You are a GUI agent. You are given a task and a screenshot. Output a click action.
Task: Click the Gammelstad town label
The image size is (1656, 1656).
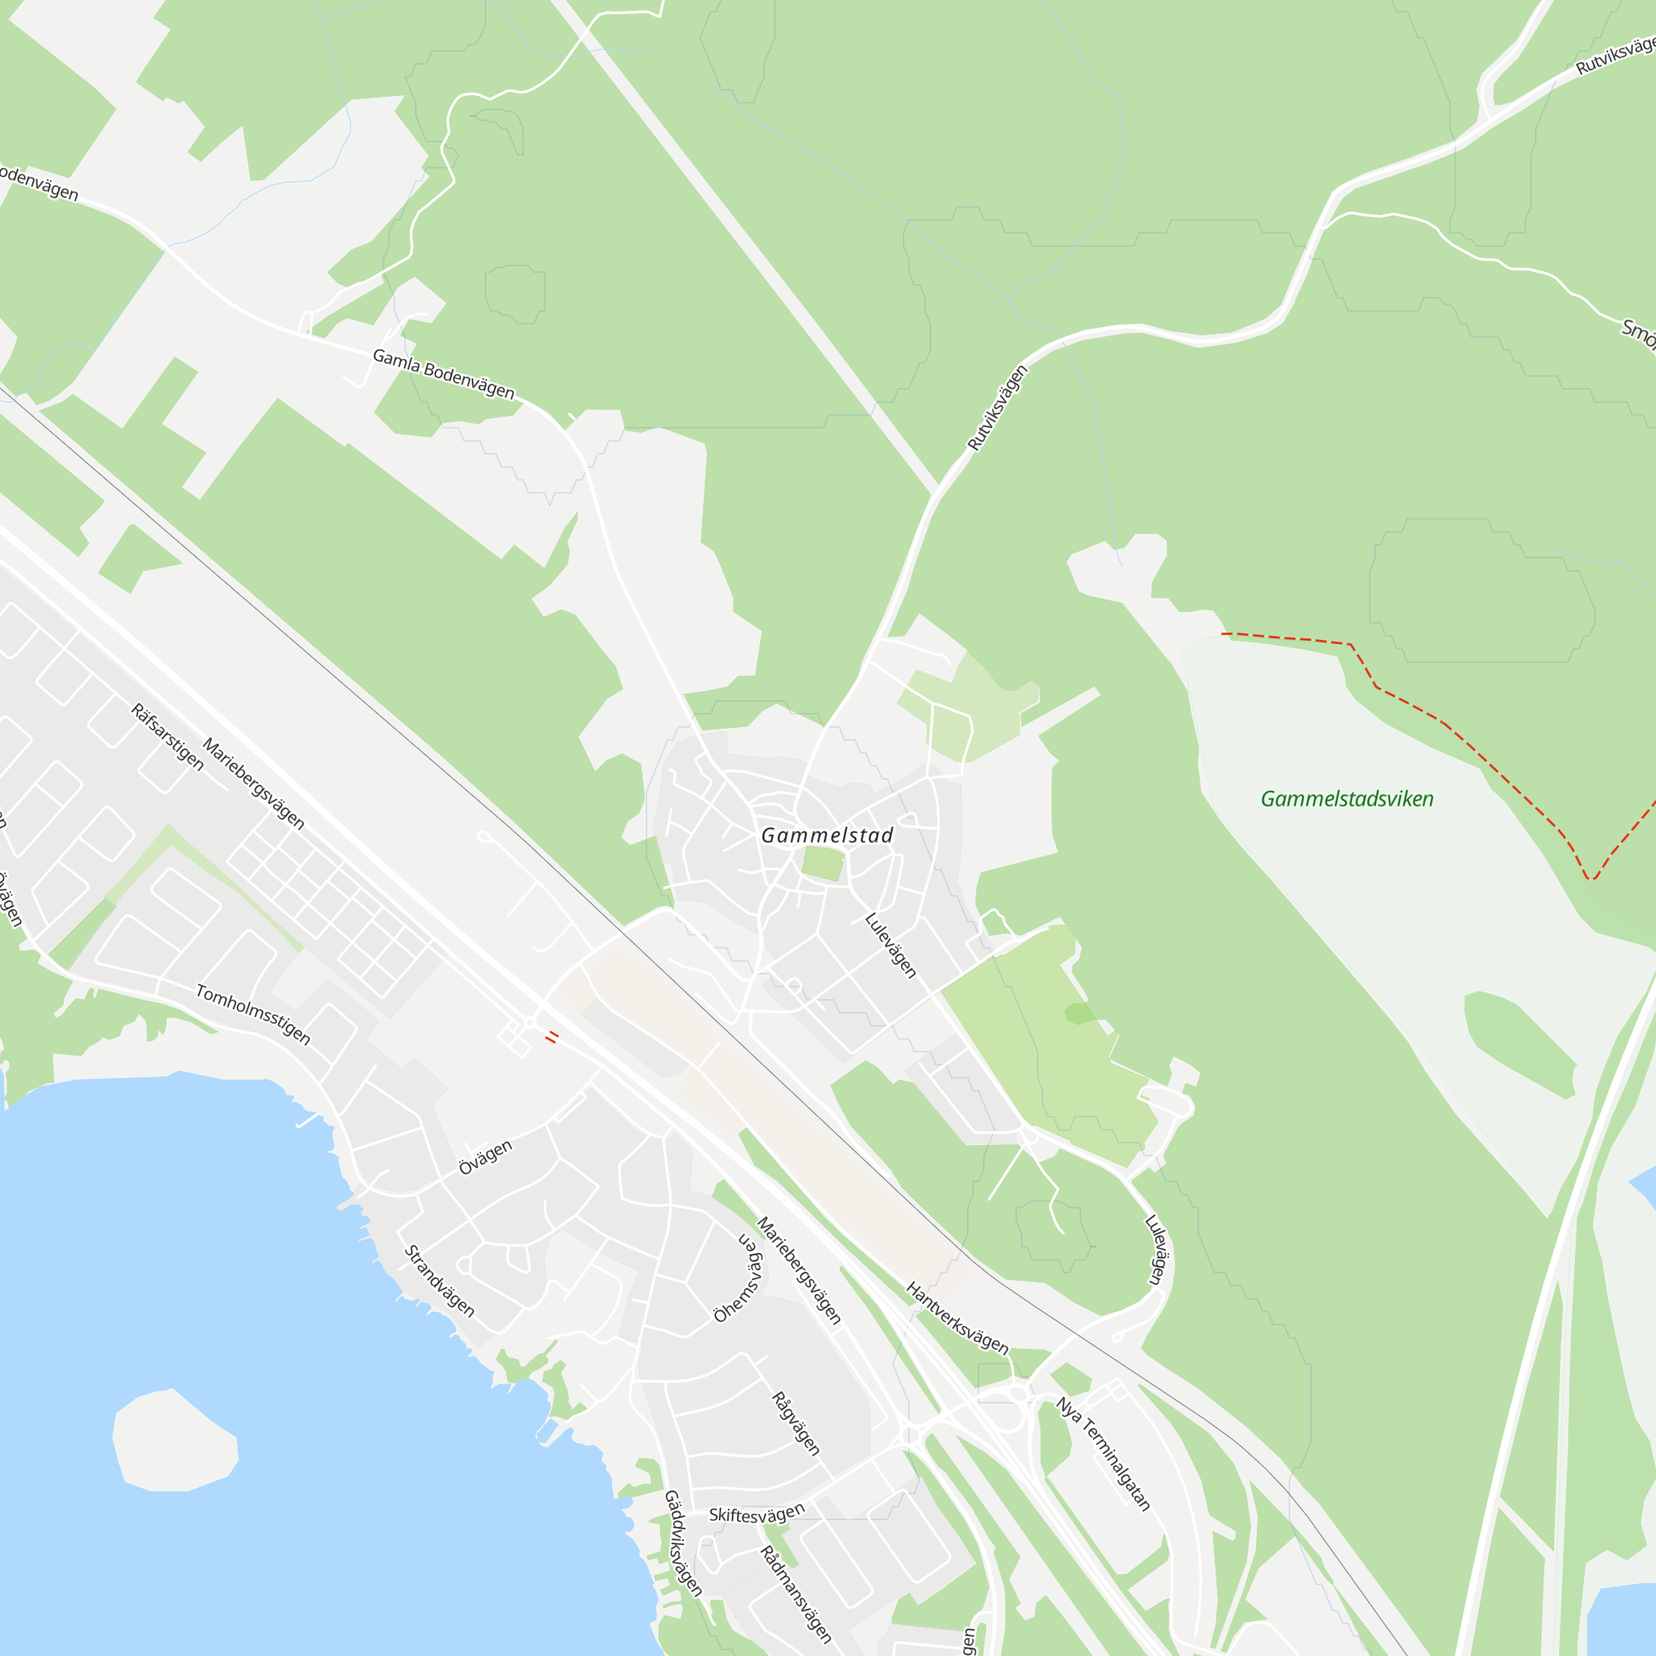click(827, 835)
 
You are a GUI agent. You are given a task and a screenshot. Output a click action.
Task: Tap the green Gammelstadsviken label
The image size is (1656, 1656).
click(1346, 799)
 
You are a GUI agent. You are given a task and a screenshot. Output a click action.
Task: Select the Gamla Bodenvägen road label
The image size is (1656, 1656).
click(443, 374)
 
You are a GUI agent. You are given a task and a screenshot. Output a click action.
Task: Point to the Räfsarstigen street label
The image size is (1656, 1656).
click(167, 736)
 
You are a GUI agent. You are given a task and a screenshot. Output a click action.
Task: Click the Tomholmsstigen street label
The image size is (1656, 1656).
click(253, 1014)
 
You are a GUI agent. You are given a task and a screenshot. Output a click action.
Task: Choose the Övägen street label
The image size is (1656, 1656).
click(485, 1158)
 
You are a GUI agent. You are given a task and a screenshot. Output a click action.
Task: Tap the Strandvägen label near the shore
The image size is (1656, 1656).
click(439, 1281)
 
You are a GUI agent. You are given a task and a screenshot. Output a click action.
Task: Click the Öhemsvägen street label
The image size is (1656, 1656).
click(739, 1277)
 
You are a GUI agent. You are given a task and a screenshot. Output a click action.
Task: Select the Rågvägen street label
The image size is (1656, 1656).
click(796, 1423)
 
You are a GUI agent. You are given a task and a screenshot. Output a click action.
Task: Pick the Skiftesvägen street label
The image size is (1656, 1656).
click(757, 1514)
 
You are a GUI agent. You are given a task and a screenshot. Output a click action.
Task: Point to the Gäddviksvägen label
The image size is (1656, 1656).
click(683, 1543)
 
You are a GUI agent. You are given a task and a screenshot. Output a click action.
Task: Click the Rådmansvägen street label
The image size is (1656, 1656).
click(797, 1593)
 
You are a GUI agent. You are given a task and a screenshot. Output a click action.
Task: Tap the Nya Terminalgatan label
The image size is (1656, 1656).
click(1103, 1454)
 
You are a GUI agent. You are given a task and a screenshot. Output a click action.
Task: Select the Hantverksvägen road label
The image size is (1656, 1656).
click(957, 1317)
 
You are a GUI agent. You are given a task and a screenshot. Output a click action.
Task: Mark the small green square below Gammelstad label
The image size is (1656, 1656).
click(823, 864)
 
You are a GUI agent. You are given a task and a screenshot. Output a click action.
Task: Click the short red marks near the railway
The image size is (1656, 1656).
click(553, 1037)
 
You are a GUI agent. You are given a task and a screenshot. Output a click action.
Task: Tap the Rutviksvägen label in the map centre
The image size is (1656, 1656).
click(997, 408)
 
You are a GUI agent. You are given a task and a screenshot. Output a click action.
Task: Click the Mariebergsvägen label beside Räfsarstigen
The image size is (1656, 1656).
click(253, 782)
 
